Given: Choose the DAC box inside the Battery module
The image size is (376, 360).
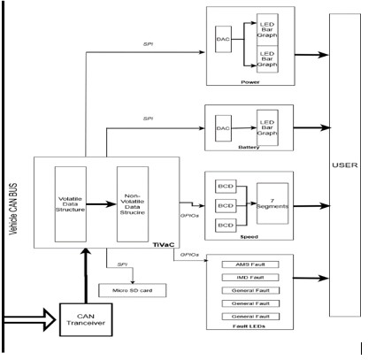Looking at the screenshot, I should tap(224, 128).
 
